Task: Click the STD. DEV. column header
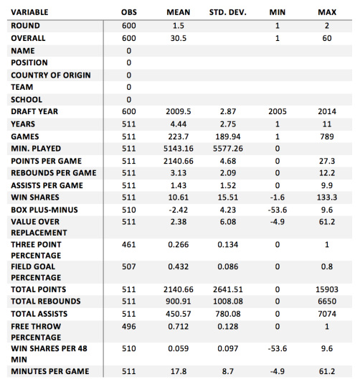(227, 12)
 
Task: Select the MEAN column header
(179, 12)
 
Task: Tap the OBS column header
(129, 12)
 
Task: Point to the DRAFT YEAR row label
(34, 111)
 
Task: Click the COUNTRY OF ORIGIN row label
(51, 75)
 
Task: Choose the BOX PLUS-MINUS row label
(44, 210)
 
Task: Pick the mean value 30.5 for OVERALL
(179, 38)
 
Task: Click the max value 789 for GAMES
(327, 136)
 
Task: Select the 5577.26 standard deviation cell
(228, 149)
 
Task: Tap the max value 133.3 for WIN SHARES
(327, 197)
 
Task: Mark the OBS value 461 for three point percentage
(129, 244)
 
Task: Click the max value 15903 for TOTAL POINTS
(327, 289)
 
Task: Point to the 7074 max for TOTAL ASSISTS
(327, 314)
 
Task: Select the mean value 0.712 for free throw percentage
(179, 326)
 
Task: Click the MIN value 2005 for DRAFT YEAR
(278, 111)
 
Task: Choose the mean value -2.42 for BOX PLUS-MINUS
(179, 210)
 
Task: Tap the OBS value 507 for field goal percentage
(129, 266)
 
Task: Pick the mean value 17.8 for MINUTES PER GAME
(179, 371)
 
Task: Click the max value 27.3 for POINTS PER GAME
(327, 161)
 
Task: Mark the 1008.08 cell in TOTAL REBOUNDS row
(228, 301)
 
